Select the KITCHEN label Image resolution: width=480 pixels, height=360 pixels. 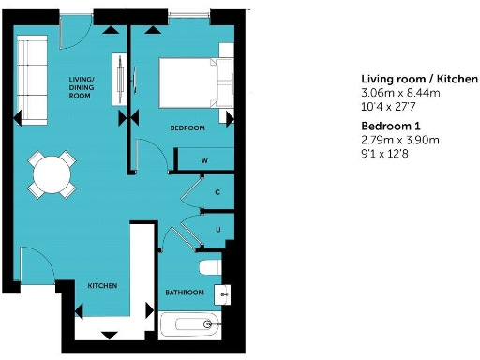(102, 285)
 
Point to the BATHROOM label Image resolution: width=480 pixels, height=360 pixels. (185, 292)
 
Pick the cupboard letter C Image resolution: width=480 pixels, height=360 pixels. (217, 193)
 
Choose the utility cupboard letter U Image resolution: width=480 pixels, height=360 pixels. (217, 229)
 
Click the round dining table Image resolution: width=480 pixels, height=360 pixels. (52, 172)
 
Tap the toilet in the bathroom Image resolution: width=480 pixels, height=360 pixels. (214, 269)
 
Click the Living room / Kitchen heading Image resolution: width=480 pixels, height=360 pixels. (412, 80)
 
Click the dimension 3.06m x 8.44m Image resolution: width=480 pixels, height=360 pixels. (400, 94)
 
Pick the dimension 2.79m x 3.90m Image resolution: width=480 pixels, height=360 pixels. (400, 141)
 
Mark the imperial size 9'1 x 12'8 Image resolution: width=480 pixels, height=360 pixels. (389, 155)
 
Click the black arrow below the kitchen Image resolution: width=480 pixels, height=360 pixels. (109, 335)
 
